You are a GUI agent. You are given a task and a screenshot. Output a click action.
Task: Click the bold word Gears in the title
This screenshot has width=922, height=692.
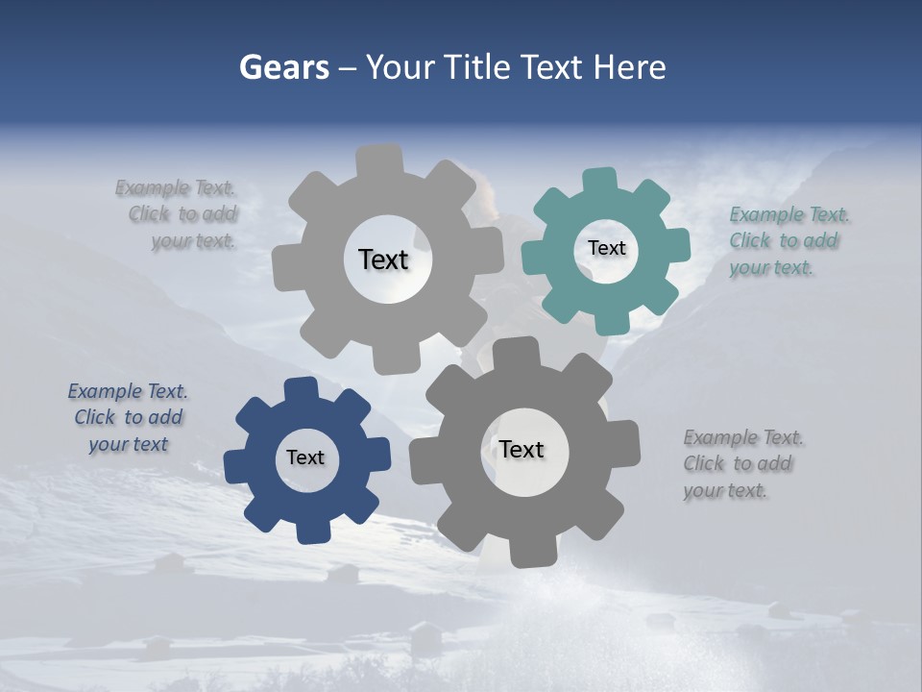point(283,67)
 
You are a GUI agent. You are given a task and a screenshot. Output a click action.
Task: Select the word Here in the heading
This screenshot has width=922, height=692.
point(630,67)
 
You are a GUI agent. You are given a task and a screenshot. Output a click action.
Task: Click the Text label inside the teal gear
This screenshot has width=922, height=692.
point(606,248)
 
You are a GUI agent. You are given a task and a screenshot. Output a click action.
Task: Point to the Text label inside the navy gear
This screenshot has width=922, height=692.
point(305,457)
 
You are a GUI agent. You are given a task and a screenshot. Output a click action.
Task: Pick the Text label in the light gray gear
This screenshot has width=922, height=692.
point(383,259)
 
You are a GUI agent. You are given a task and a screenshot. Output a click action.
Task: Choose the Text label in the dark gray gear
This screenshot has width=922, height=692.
point(522,449)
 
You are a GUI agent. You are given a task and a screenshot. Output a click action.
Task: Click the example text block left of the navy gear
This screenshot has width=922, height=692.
point(128,418)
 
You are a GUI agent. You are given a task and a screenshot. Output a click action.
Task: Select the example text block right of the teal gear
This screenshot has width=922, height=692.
point(789,240)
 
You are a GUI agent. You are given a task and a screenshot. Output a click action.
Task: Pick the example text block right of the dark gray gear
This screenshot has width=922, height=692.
point(742,464)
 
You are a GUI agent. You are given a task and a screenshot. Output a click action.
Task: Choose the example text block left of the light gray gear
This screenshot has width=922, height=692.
point(179,214)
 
